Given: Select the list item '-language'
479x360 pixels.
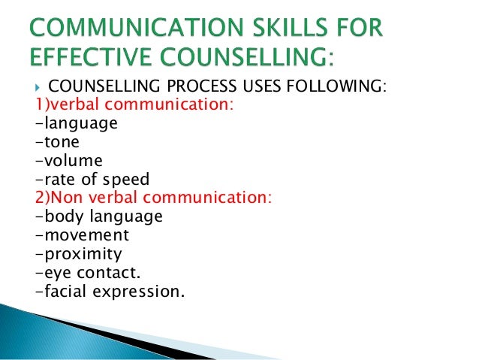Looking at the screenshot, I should pos(77,123).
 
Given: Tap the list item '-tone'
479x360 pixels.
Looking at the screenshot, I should pos(58,142).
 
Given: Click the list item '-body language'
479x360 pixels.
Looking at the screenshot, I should pos(98,216).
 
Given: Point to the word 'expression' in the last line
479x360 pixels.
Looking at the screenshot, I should pos(142,290).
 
